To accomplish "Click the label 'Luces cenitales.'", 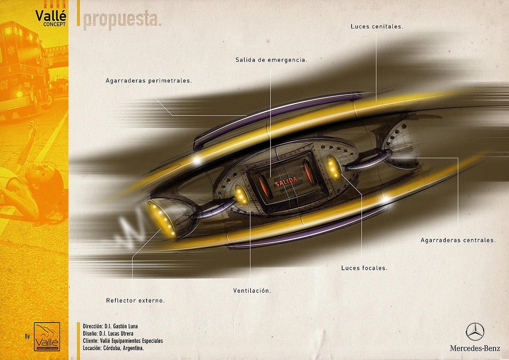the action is [377, 27].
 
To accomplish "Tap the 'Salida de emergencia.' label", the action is [271, 60].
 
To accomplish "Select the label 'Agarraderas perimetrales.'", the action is [149, 81].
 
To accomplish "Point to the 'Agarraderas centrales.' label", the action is [458, 240].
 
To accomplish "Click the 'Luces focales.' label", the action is [364, 268].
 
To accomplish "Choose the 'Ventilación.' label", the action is [252, 291].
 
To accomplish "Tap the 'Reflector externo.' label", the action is [135, 301].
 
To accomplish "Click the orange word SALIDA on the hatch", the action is [286, 181].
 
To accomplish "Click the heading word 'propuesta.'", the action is [122, 20].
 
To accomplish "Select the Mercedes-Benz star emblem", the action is [475, 332].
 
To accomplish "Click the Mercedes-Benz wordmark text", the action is [475, 348].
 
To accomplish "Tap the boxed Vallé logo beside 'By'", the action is [47, 337].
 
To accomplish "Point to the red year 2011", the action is [55, 6].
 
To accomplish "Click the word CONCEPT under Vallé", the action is [54, 24].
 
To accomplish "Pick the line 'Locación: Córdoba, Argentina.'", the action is [113, 348].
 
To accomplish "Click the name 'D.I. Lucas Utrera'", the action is [116, 333].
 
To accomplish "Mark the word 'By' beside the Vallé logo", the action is [27, 336].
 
